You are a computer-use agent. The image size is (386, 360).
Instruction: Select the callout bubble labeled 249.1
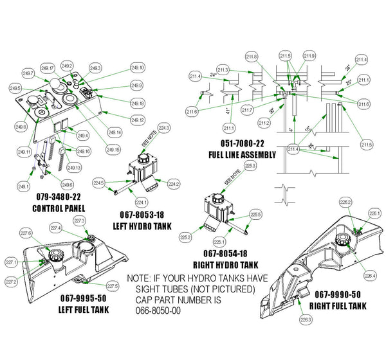tap(24, 186)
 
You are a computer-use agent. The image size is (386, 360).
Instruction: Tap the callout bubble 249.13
tap(73, 168)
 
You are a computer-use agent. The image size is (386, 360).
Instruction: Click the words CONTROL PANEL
tap(59, 208)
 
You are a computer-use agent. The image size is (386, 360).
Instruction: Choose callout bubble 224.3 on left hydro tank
tap(163, 129)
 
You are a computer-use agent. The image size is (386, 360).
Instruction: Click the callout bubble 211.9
tap(309, 57)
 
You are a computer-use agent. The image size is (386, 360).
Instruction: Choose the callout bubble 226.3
tap(305, 318)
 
